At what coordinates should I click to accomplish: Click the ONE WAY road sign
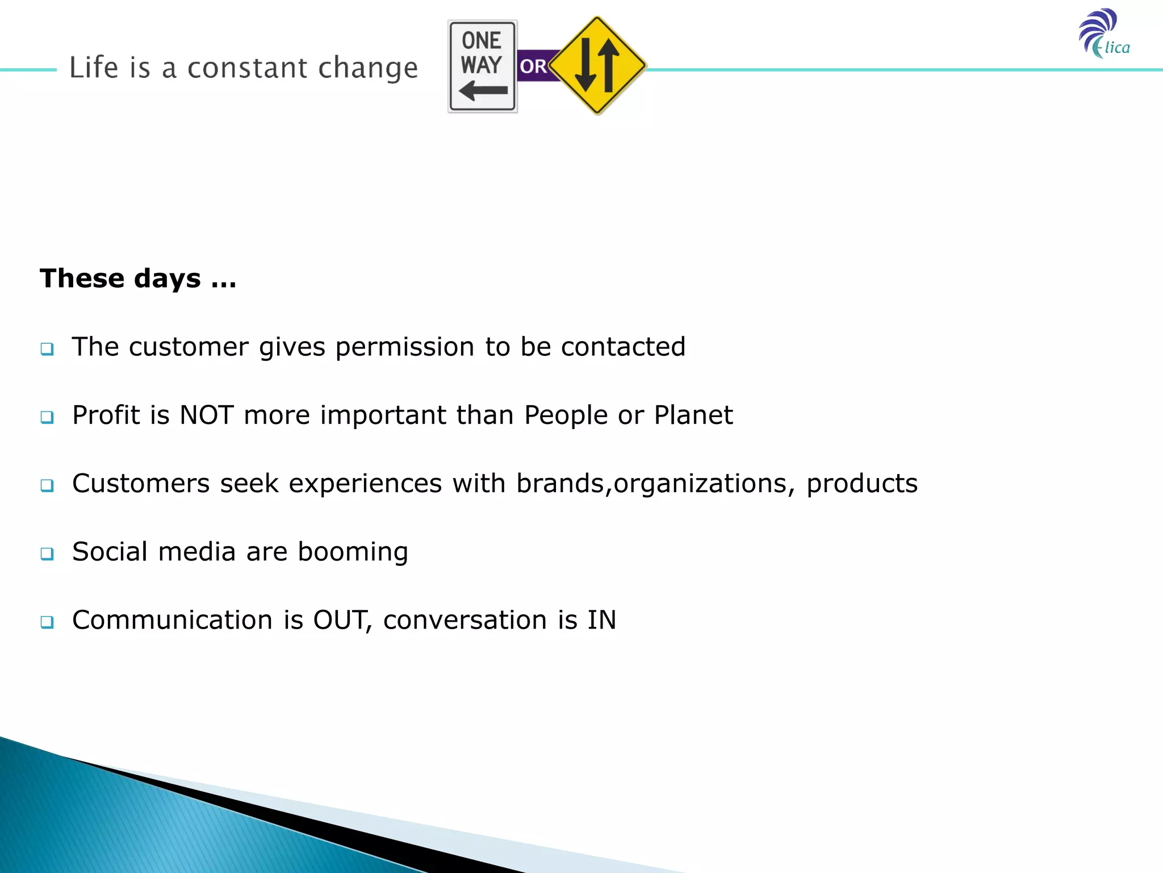[482, 66]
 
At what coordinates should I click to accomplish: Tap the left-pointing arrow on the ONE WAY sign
[483, 90]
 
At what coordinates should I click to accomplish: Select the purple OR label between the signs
[533, 66]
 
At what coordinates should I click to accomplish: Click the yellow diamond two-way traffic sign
[597, 65]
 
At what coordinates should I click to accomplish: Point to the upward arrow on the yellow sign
[608, 65]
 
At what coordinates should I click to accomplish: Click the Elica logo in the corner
[1103, 34]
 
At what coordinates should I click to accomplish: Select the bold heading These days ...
[138, 278]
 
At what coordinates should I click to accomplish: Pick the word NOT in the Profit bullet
[207, 415]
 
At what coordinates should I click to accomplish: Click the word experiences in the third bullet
[365, 484]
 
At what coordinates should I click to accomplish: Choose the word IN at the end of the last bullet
[601, 620]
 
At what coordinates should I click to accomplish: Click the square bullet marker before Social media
[47, 554]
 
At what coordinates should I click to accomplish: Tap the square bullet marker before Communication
[47, 622]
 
